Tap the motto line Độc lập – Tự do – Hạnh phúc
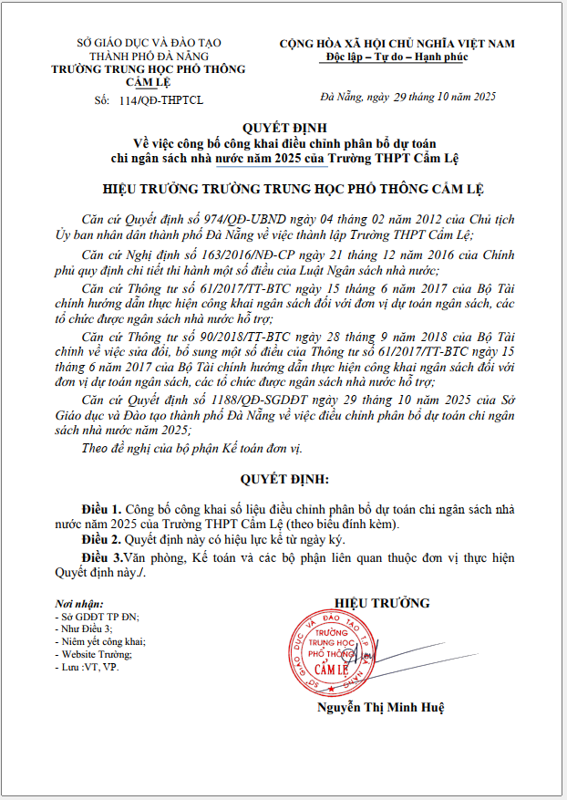[x=397, y=57]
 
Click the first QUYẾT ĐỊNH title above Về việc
[x=283, y=128]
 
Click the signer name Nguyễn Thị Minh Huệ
[x=381, y=707]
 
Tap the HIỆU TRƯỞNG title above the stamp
[x=382, y=603]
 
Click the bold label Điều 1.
[x=101, y=508]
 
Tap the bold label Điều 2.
[x=101, y=540]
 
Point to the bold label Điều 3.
[x=101, y=556]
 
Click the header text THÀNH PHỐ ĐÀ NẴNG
[x=136, y=56]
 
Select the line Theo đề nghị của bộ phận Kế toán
[x=191, y=447]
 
